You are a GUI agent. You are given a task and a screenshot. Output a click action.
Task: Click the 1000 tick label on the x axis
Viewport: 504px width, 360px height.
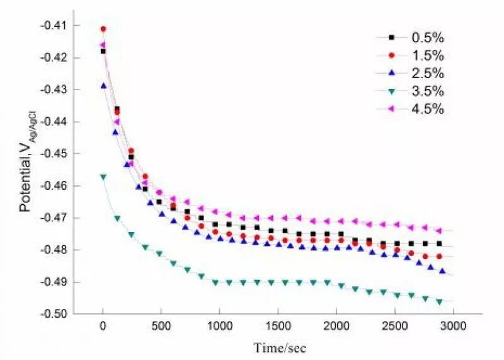(x=219, y=325)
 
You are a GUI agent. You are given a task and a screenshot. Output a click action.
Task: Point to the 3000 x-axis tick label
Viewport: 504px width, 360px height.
(x=452, y=325)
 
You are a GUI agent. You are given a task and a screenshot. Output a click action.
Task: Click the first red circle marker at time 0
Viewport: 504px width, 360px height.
(x=103, y=29)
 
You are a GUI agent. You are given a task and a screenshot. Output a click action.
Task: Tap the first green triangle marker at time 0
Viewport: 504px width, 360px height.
(x=103, y=177)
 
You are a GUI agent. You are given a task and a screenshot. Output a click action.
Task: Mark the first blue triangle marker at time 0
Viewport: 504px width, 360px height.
(x=103, y=86)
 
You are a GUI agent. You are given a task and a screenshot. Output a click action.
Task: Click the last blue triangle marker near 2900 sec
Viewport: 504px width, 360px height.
(x=442, y=271)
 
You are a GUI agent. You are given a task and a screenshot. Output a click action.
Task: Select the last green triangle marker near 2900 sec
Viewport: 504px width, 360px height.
(x=439, y=302)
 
